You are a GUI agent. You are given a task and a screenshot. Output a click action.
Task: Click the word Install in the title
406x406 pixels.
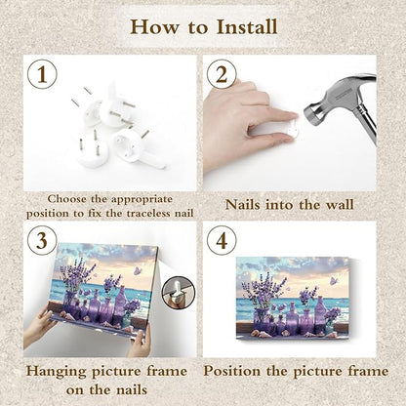click(247, 26)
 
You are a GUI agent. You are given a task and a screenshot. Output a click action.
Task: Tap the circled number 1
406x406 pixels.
click(42, 74)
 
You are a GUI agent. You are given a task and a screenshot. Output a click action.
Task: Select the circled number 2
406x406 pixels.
click(222, 74)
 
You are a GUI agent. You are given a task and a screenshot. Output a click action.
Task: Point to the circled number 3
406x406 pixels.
click(42, 241)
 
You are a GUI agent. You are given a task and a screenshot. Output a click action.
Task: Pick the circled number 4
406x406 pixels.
click(222, 241)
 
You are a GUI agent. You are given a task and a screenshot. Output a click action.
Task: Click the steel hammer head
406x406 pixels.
click(342, 104)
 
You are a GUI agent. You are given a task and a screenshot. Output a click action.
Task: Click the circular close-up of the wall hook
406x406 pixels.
click(179, 293)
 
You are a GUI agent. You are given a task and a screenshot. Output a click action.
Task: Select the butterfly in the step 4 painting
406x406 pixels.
click(334, 281)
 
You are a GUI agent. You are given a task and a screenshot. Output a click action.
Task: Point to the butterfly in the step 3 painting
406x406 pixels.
click(138, 270)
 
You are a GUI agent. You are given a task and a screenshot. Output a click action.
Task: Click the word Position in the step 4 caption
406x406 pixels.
click(232, 371)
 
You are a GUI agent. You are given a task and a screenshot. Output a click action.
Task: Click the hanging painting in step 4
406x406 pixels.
click(293, 299)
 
